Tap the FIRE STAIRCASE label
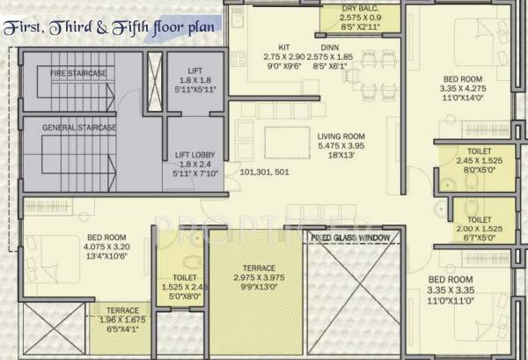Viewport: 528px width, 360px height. pos(70,72)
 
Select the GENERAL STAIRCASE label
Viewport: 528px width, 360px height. pos(79,128)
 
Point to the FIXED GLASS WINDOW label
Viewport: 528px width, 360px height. pos(350,238)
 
